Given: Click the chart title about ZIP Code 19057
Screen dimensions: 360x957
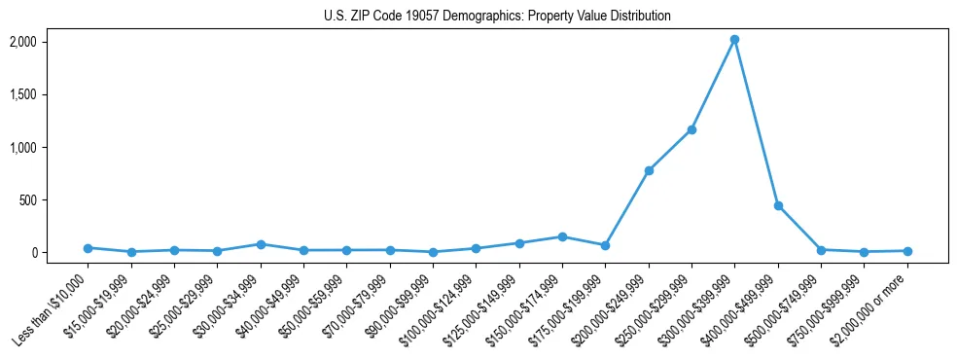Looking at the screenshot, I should [497, 17].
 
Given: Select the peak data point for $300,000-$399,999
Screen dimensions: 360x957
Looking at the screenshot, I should [734, 40].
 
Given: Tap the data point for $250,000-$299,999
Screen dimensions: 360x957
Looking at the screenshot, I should [691, 129].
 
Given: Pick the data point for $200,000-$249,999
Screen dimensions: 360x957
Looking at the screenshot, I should [649, 170].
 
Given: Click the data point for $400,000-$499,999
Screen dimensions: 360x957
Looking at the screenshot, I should [778, 206].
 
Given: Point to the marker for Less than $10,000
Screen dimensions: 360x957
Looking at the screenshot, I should [88, 248].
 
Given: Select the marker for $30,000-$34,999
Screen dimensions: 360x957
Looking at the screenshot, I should [261, 244].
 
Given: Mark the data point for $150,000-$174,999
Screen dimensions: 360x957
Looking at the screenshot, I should [562, 236].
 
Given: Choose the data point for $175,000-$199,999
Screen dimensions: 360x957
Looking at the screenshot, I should [605, 245].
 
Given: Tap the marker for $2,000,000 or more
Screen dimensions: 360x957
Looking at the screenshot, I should [907, 251].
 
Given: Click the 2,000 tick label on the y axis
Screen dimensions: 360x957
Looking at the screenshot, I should [22, 42].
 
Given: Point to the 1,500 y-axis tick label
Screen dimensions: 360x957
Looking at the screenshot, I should [22, 94].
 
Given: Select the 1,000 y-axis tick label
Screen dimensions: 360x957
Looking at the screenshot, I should [22, 147].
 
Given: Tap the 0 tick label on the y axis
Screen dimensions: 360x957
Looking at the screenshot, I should [32, 252].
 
